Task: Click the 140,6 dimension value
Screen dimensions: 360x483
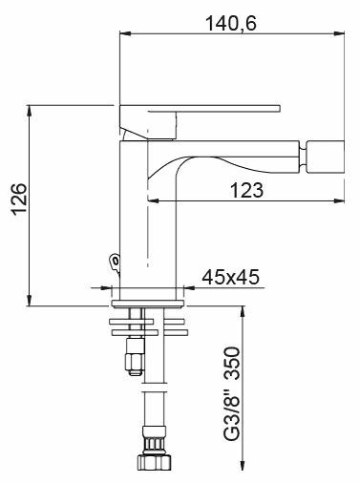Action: point(231,23)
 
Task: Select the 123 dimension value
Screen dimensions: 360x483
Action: point(246,190)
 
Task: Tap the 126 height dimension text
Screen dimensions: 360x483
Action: point(19,199)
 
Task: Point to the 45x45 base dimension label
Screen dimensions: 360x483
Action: point(230,277)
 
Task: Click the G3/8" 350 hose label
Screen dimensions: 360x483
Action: point(231,393)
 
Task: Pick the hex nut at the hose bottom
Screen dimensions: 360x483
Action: point(155,461)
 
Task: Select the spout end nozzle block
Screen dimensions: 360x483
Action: point(325,156)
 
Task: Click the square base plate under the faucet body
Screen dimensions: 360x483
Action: point(148,304)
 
